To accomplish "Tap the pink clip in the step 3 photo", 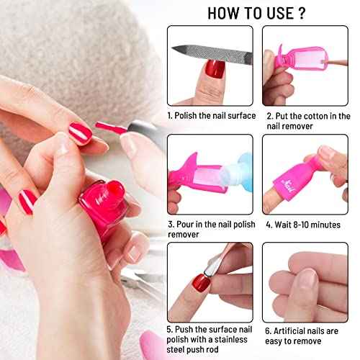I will click(189, 165).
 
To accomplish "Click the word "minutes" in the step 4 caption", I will click(325, 224).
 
